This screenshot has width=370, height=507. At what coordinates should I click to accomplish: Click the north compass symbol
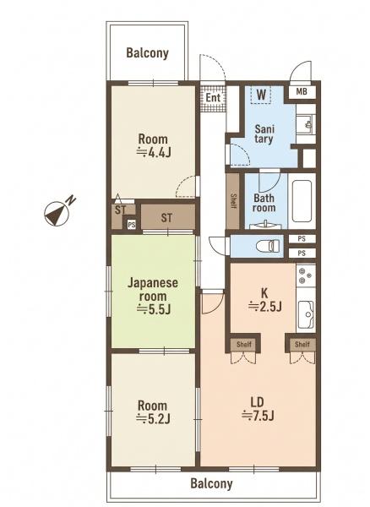(57, 215)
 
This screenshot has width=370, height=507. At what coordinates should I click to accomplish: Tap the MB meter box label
(302, 92)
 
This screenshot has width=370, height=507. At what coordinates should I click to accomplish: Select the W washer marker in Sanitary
(261, 95)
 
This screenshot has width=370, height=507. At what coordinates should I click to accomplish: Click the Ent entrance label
(213, 98)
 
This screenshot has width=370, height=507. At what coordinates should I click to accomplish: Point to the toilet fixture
(268, 246)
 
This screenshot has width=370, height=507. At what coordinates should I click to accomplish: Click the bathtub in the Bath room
(302, 200)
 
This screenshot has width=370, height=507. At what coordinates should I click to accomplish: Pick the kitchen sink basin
(306, 314)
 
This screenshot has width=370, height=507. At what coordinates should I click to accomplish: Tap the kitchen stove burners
(306, 275)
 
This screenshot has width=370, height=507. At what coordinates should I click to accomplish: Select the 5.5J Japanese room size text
(154, 309)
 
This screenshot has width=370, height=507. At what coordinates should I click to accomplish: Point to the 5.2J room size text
(153, 419)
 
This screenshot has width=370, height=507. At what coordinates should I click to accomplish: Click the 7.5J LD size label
(258, 415)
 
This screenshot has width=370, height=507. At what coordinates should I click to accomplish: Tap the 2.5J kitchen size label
(265, 306)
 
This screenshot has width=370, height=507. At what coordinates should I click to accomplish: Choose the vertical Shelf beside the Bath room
(233, 201)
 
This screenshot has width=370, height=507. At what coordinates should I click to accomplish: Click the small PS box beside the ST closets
(131, 225)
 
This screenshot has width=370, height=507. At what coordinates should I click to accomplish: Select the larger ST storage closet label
(166, 218)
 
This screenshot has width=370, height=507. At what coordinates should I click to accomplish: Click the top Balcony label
(147, 53)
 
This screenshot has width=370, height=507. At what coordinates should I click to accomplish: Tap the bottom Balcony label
(212, 483)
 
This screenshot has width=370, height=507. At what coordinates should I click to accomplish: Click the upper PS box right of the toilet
(302, 239)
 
